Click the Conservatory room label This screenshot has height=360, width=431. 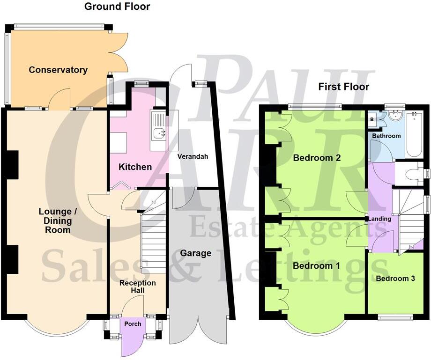point(58,70)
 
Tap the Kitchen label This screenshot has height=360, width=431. point(135,167)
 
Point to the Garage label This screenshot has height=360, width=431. point(196,253)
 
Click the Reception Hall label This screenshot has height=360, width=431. point(137,287)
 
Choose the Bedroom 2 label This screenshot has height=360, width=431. point(317,158)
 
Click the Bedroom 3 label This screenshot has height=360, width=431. point(395,279)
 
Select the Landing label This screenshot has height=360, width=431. point(379,219)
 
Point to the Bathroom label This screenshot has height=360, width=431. point(386,136)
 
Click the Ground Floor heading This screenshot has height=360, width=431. point(117,7)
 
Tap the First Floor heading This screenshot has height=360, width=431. point(344,87)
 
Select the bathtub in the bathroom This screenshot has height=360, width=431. point(414,134)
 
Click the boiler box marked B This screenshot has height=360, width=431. point(372,119)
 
